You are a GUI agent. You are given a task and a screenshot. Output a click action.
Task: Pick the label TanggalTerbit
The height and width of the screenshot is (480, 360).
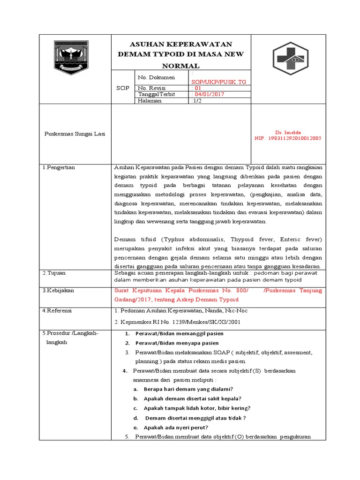pyautogui.click(x=156, y=94)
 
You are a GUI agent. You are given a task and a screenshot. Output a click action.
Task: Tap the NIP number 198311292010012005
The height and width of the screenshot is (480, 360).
pyautogui.click(x=288, y=139)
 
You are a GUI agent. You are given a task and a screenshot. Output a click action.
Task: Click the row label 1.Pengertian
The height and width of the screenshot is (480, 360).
pyautogui.click(x=59, y=167)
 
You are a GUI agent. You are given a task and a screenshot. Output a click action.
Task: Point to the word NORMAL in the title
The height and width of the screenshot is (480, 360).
pyautogui.click(x=181, y=66)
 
